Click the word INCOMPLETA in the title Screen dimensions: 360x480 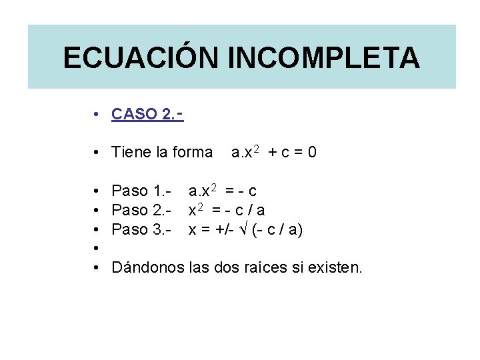[324, 57]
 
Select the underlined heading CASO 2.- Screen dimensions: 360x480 [147, 114]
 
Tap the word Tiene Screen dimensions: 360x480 [131, 153]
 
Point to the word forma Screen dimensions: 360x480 [192, 153]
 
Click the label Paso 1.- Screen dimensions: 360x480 [142, 191]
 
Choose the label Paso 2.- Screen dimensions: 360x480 [142, 211]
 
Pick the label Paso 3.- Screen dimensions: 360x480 [142, 230]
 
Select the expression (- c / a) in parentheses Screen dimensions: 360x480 [277, 230]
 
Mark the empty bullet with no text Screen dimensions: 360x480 [97, 249]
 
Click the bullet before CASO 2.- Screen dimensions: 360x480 [97, 114]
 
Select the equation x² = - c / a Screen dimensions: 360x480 [227, 211]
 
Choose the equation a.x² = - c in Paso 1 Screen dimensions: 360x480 [223, 191]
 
